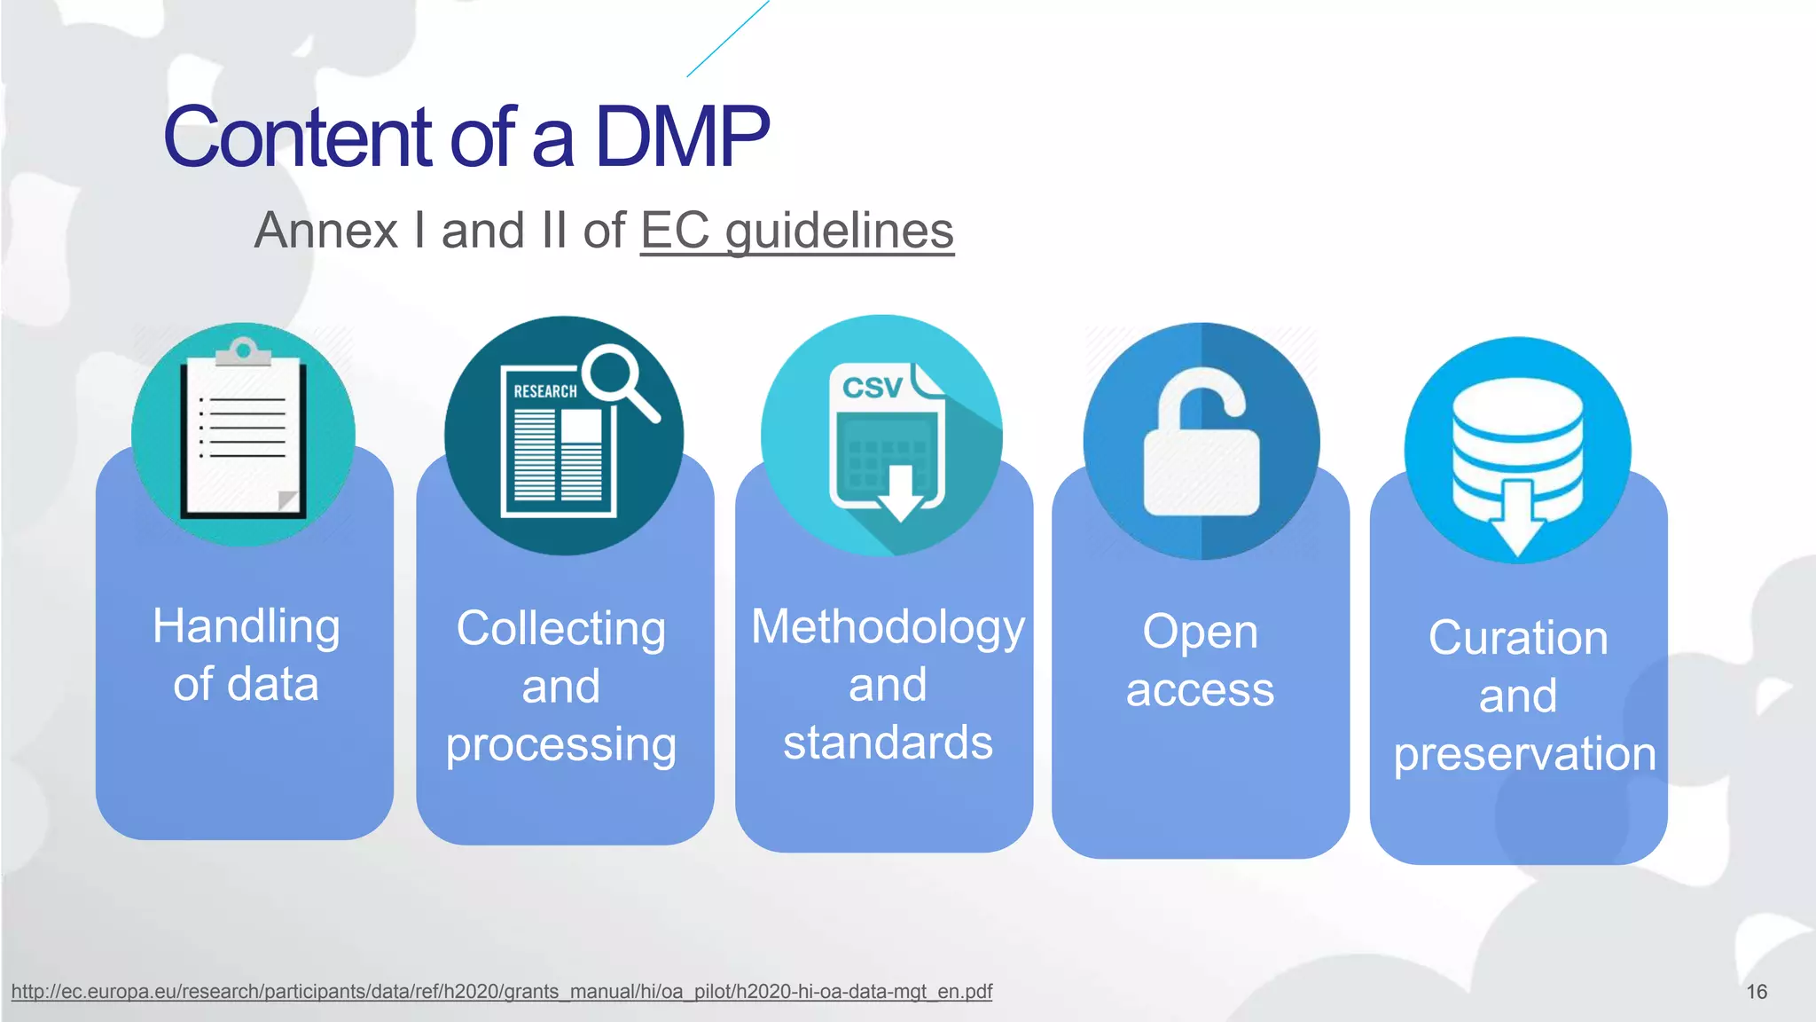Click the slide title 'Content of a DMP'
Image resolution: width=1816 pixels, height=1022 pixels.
(x=466, y=137)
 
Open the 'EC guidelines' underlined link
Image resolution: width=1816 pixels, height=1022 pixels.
(x=796, y=231)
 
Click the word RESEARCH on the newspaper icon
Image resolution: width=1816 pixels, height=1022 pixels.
(x=544, y=391)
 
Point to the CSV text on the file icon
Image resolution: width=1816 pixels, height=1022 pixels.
(x=871, y=388)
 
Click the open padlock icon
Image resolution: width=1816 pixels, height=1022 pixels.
(x=1201, y=442)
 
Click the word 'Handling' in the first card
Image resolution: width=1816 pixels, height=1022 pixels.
(x=246, y=627)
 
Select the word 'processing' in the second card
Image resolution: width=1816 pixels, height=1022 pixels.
(x=560, y=744)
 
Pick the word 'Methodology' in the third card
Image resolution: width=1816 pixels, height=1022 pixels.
(x=888, y=628)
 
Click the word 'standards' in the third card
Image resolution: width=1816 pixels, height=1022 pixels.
(x=888, y=743)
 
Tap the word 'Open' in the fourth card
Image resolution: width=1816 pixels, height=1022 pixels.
(x=1200, y=633)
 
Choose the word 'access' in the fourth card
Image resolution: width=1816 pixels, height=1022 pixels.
(x=1200, y=690)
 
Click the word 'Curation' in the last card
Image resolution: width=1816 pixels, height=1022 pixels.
(x=1518, y=638)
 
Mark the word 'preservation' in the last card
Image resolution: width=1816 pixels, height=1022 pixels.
(x=1524, y=754)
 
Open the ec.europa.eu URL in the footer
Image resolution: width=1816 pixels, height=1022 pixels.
(x=502, y=992)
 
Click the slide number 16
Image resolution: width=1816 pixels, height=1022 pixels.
(x=1757, y=992)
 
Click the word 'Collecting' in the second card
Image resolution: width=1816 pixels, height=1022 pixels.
(x=560, y=629)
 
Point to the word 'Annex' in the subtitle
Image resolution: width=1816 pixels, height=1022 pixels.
(x=326, y=231)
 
